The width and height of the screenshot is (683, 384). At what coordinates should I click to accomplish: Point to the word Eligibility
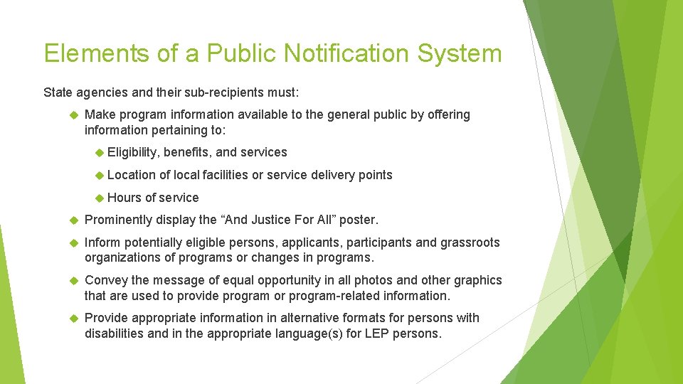click(133, 152)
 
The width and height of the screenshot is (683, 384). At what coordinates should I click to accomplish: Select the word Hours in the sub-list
click(124, 198)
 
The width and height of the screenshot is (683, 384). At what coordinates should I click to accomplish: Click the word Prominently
click(118, 220)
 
